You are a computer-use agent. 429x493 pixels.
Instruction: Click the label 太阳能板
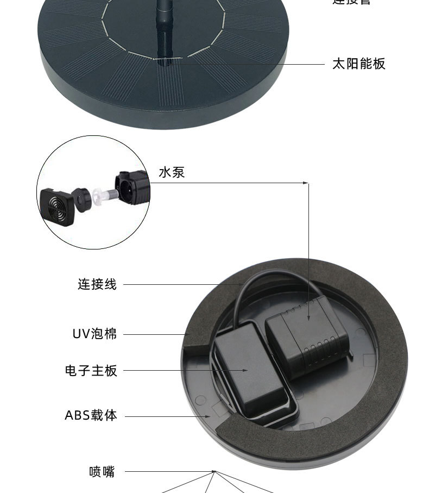(358, 64)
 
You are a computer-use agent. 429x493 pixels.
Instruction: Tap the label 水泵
(172, 173)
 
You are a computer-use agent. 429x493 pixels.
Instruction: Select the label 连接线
(97, 284)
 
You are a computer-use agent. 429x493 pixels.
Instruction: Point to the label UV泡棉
(95, 333)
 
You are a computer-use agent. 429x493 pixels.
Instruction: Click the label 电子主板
(91, 371)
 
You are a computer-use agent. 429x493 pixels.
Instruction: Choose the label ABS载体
(91, 416)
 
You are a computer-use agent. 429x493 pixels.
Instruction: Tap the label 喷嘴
(102, 471)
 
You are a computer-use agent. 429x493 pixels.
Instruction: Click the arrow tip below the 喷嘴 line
(214, 472)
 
